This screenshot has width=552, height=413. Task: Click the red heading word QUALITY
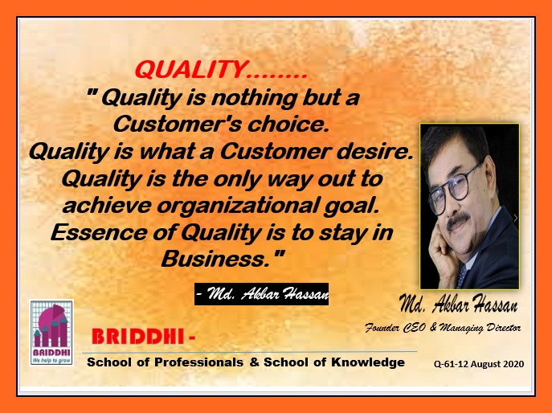(190, 69)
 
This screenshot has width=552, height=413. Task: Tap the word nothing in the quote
(254, 97)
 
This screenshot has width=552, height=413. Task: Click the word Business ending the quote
(214, 260)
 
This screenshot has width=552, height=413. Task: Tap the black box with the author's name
(261, 294)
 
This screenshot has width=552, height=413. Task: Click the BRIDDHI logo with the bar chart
(51, 333)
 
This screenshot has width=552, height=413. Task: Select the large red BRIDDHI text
(138, 337)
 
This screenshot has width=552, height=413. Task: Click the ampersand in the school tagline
(254, 362)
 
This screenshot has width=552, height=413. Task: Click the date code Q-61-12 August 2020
(479, 364)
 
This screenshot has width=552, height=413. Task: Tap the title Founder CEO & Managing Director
(443, 328)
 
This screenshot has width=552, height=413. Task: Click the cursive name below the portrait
(458, 304)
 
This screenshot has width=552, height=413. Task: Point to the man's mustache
(457, 220)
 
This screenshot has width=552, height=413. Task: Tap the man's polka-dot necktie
(462, 276)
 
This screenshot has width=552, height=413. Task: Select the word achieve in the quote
(107, 206)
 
